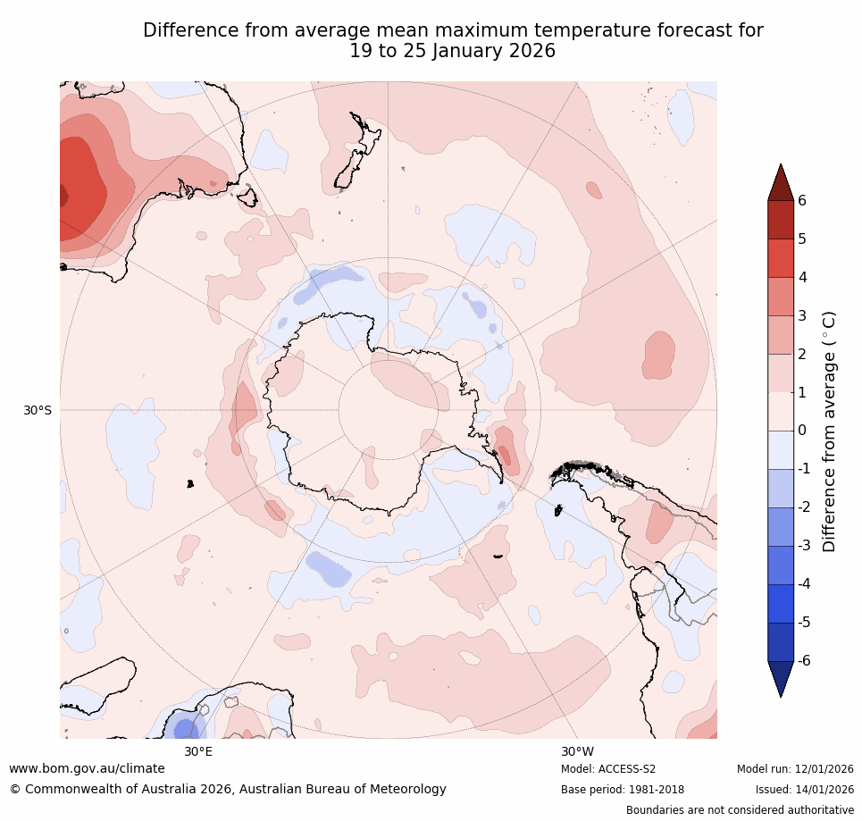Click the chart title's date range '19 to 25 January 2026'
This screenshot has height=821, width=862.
click(x=453, y=52)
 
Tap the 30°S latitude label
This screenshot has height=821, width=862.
click(x=38, y=411)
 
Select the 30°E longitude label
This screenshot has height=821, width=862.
click(x=198, y=751)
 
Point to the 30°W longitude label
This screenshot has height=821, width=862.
click(x=577, y=751)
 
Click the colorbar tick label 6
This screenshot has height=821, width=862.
click(x=802, y=200)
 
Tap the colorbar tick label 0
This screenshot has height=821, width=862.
click(x=802, y=431)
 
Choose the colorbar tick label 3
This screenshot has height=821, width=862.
click(x=802, y=315)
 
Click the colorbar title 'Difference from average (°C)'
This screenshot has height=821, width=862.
click(x=829, y=431)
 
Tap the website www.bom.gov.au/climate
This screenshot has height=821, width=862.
click(x=88, y=768)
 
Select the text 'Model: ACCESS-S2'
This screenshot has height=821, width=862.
click(x=608, y=769)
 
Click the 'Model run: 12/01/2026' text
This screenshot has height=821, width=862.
click(x=795, y=769)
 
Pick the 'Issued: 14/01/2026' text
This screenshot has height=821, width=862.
click(x=804, y=790)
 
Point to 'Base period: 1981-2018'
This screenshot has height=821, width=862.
click(x=623, y=790)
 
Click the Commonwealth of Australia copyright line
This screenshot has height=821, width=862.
click(x=228, y=790)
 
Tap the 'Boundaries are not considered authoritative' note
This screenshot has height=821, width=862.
click(x=740, y=810)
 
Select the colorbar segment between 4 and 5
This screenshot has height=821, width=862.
click(x=781, y=258)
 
